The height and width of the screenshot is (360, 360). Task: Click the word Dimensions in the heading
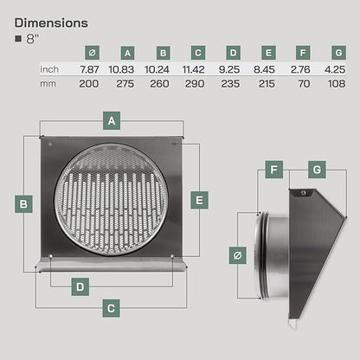coord(51,23)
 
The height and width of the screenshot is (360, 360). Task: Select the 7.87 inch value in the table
coord(89,69)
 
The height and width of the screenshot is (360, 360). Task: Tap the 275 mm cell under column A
coord(125,84)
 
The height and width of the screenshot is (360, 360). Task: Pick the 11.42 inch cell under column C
coord(193,69)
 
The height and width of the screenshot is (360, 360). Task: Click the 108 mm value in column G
coord(337,84)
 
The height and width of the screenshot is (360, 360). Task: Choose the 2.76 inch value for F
coord(300,69)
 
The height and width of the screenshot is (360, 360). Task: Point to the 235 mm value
coord(230,84)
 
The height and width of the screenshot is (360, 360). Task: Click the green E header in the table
coord(268,53)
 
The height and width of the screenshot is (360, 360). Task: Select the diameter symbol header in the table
coord(93,53)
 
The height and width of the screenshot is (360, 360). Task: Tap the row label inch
coord(49,69)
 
